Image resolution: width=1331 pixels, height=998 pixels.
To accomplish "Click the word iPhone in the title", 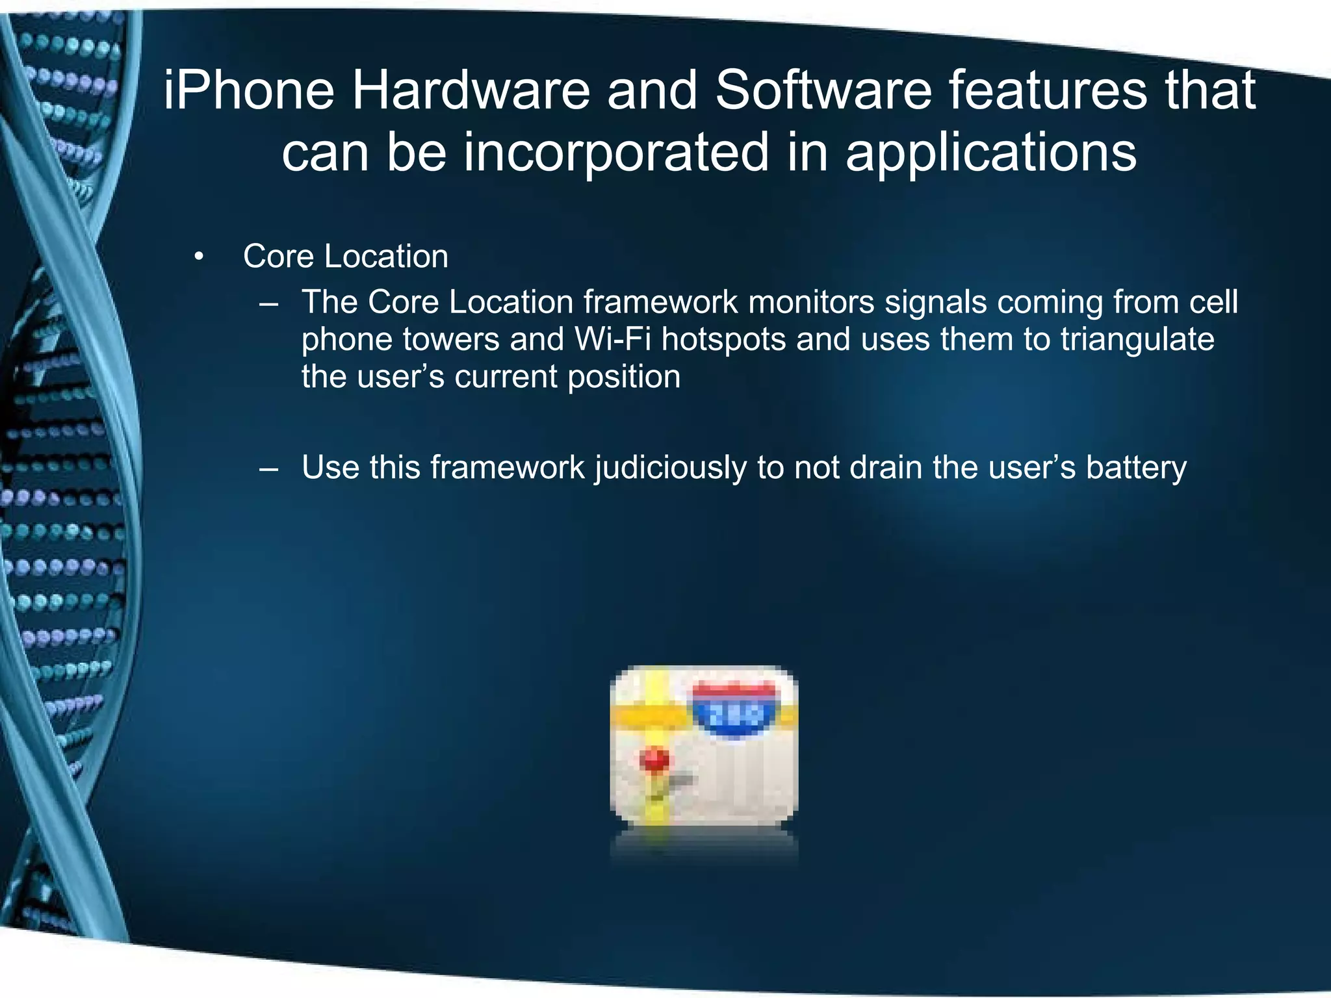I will click(249, 91).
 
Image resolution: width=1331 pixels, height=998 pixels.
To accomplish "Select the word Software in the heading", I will click(823, 91).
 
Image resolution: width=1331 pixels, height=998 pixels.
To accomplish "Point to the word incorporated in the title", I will click(615, 153).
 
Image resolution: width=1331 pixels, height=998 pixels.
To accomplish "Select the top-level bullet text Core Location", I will click(345, 257).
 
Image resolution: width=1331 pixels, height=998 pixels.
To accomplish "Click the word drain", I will click(885, 467).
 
